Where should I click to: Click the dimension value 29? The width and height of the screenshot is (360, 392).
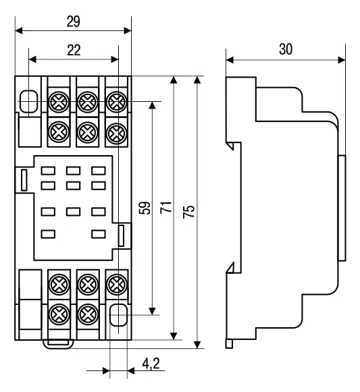pyautogui.click(x=74, y=22)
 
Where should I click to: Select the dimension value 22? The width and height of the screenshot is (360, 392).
pyautogui.click(x=74, y=50)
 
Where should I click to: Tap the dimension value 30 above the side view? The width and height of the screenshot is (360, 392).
pyautogui.click(x=286, y=49)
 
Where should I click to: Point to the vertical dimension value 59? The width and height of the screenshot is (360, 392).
pyautogui.click(x=145, y=208)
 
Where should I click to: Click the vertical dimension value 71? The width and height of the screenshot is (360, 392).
pyautogui.click(x=166, y=207)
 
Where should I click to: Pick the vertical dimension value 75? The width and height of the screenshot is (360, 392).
pyautogui.click(x=188, y=211)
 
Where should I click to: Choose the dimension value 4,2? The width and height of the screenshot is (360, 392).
pyautogui.click(x=151, y=364)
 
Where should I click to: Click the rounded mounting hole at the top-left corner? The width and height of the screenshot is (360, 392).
pyautogui.click(x=29, y=101)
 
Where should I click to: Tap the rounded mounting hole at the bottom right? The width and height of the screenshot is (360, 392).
pyautogui.click(x=118, y=315)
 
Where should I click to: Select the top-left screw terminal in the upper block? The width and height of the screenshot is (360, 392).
pyautogui.click(x=59, y=102)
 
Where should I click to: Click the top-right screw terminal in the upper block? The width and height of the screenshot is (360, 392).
pyautogui.click(x=116, y=102)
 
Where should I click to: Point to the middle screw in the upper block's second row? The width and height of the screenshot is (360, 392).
pyautogui.click(x=87, y=132)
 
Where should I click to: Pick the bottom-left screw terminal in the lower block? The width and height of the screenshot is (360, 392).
pyautogui.click(x=59, y=314)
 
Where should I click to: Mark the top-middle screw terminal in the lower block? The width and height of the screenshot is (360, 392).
pyautogui.click(x=87, y=285)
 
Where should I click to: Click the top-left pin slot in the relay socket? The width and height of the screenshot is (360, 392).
pyautogui.click(x=48, y=171)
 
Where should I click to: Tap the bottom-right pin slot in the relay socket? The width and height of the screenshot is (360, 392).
pyautogui.click(x=99, y=234)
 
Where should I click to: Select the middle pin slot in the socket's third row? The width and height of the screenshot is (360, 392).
pyautogui.click(x=74, y=212)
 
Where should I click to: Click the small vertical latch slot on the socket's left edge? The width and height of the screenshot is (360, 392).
pyautogui.click(x=24, y=180)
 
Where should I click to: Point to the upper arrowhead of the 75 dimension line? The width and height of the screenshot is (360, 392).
pyautogui.click(x=197, y=80)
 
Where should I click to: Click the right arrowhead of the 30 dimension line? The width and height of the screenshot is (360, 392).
pyautogui.click(x=342, y=60)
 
